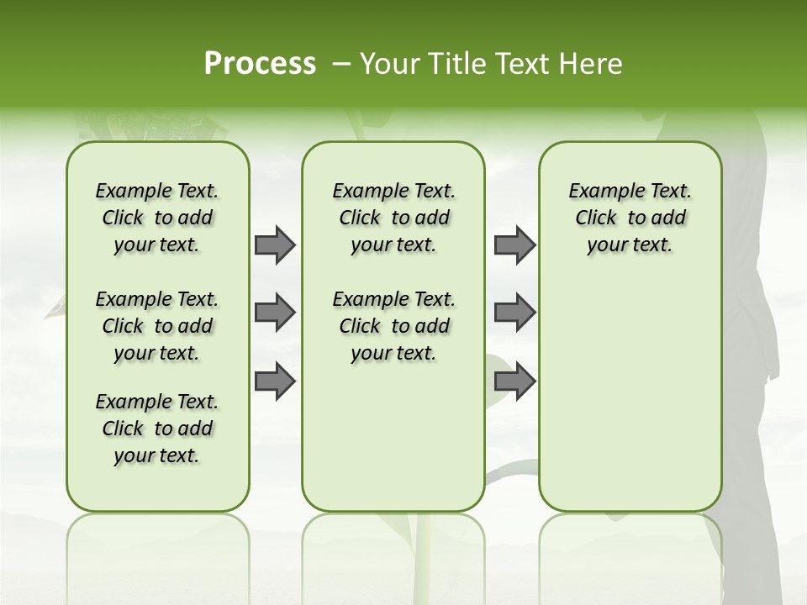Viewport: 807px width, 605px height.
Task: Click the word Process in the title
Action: tap(260, 64)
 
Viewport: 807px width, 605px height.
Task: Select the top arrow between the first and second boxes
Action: tap(275, 245)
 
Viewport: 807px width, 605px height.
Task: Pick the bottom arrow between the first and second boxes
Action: tap(275, 381)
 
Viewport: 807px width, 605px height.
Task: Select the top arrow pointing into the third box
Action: tap(514, 245)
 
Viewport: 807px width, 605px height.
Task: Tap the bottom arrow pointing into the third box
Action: tap(514, 381)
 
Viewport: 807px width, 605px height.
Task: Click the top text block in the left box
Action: tap(157, 218)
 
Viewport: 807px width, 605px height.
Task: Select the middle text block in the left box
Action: tap(157, 326)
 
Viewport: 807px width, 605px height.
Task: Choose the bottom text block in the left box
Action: tap(157, 429)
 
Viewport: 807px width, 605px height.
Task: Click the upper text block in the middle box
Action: tap(393, 218)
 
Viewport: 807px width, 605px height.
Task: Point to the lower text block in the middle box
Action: tap(393, 326)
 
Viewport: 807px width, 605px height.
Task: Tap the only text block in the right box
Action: tap(630, 218)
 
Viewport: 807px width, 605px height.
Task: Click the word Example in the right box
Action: tap(600, 192)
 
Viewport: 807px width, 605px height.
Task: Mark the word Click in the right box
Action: tap(596, 218)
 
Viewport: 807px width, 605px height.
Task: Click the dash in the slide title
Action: tap(341, 64)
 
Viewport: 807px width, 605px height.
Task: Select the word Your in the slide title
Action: tap(391, 64)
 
